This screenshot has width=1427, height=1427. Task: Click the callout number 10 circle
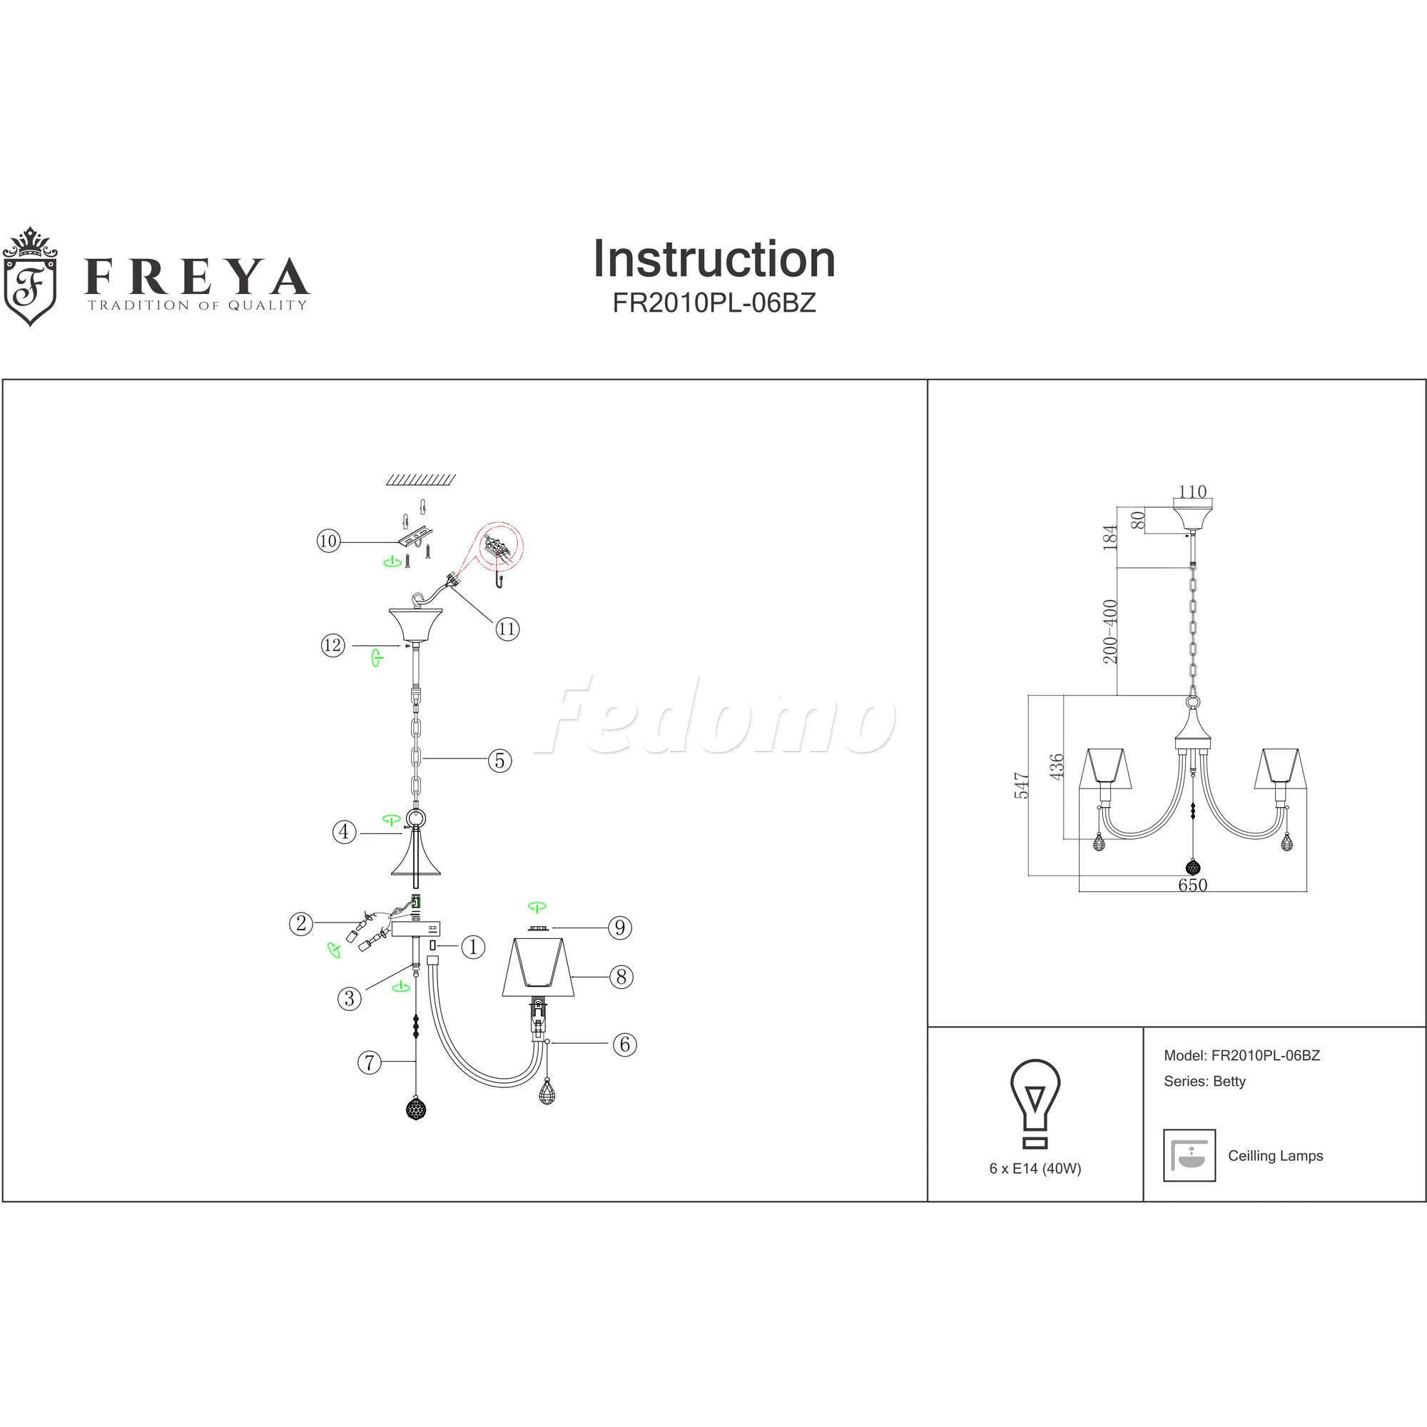click(328, 541)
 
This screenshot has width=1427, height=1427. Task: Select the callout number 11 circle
click(507, 629)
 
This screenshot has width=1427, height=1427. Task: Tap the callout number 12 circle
click(333, 645)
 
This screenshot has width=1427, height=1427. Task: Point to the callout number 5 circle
click(500, 760)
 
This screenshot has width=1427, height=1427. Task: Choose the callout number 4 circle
click(343, 832)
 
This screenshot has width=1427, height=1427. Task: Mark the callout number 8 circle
click(621, 977)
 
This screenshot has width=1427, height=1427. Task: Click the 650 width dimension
click(1192, 884)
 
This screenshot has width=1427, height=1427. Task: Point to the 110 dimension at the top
click(1192, 491)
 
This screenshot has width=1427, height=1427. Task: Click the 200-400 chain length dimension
click(1110, 631)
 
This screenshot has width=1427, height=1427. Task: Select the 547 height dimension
click(1022, 785)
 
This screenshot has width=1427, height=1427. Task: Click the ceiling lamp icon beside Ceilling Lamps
click(1189, 1155)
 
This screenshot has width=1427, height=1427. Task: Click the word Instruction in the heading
click(714, 258)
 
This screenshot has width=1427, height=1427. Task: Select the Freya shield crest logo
click(29, 276)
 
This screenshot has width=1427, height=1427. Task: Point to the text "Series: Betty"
click(1204, 1082)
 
